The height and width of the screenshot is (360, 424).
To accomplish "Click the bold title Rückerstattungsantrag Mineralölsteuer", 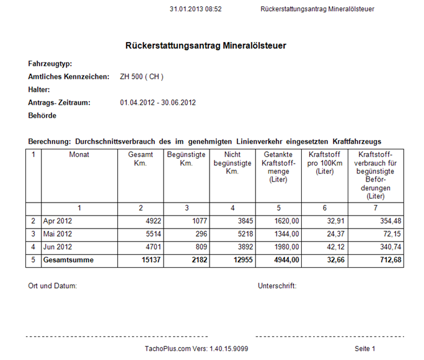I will pos(206,46).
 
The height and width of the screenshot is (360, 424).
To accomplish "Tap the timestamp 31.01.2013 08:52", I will pos(195,9).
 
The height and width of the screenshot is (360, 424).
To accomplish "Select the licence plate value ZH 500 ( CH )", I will pos(142,77).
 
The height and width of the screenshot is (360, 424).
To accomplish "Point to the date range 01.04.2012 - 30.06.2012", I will pos(158,103).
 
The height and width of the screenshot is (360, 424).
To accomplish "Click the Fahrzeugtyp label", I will pos(50,64).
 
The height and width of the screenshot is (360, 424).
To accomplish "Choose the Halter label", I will pos(39,90).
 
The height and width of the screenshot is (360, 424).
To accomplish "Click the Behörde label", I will pos(42,116).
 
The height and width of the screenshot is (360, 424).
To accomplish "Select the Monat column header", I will pos(79,154).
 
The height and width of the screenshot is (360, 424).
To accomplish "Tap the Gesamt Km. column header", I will pos(140,159).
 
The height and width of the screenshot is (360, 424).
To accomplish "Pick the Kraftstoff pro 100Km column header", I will pos(324,163).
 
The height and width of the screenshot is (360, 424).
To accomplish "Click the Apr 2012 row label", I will pos(58,221).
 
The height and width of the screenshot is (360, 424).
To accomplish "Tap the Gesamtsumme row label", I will pos(68,260).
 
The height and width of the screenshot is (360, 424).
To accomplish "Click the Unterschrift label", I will pos(277,286).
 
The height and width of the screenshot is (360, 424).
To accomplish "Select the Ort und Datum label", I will pos(53,286).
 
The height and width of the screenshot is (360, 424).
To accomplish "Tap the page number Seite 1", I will pos(365,349).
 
